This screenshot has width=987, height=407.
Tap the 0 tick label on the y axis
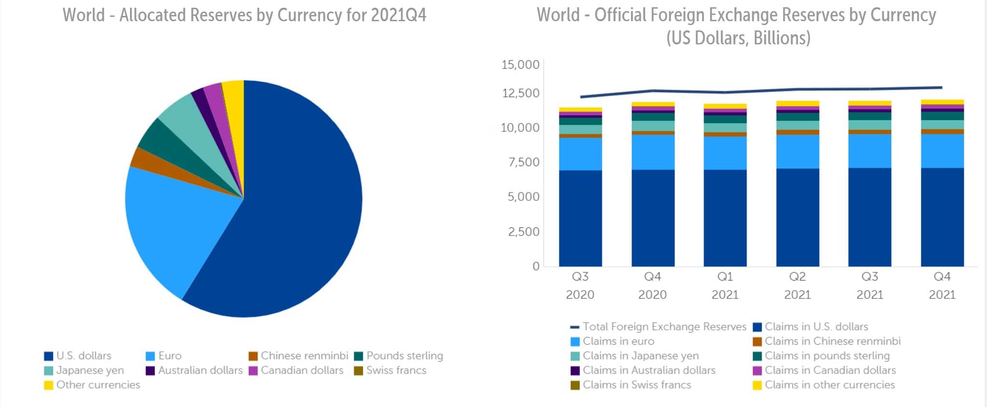(536, 266)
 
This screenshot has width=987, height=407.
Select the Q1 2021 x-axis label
(725, 285)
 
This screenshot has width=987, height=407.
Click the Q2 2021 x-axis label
(797, 285)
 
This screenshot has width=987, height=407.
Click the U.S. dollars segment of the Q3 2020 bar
(580, 217)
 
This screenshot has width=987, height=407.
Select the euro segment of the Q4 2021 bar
(942, 151)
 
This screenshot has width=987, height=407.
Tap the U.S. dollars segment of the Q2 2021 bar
(797, 217)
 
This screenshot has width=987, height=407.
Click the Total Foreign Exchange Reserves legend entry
(658, 327)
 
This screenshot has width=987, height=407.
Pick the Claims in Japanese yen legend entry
(635, 356)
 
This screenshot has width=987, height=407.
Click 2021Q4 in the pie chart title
(398, 15)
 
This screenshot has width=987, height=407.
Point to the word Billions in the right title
(781, 38)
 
